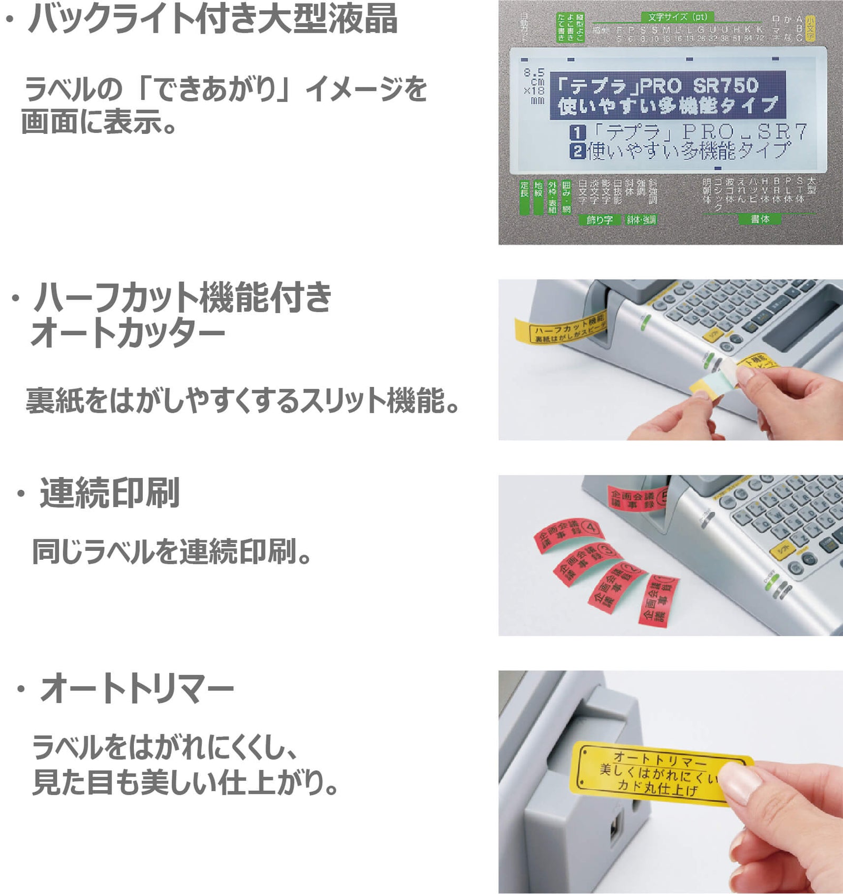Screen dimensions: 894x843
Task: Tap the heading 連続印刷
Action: tap(110, 493)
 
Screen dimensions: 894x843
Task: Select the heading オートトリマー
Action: tap(136, 688)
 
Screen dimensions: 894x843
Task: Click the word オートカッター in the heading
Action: tap(128, 334)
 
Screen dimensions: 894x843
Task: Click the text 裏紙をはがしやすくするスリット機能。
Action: tap(243, 401)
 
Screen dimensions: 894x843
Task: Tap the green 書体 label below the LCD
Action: tap(759, 219)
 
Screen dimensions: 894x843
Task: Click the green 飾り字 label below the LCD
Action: tap(600, 220)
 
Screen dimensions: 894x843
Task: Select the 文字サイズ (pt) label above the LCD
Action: tap(678, 17)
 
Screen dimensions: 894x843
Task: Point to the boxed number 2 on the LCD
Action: tap(577, 152)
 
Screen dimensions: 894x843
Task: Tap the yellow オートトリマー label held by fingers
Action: tap(653, 773)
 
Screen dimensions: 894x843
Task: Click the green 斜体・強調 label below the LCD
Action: tap(641, 220)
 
